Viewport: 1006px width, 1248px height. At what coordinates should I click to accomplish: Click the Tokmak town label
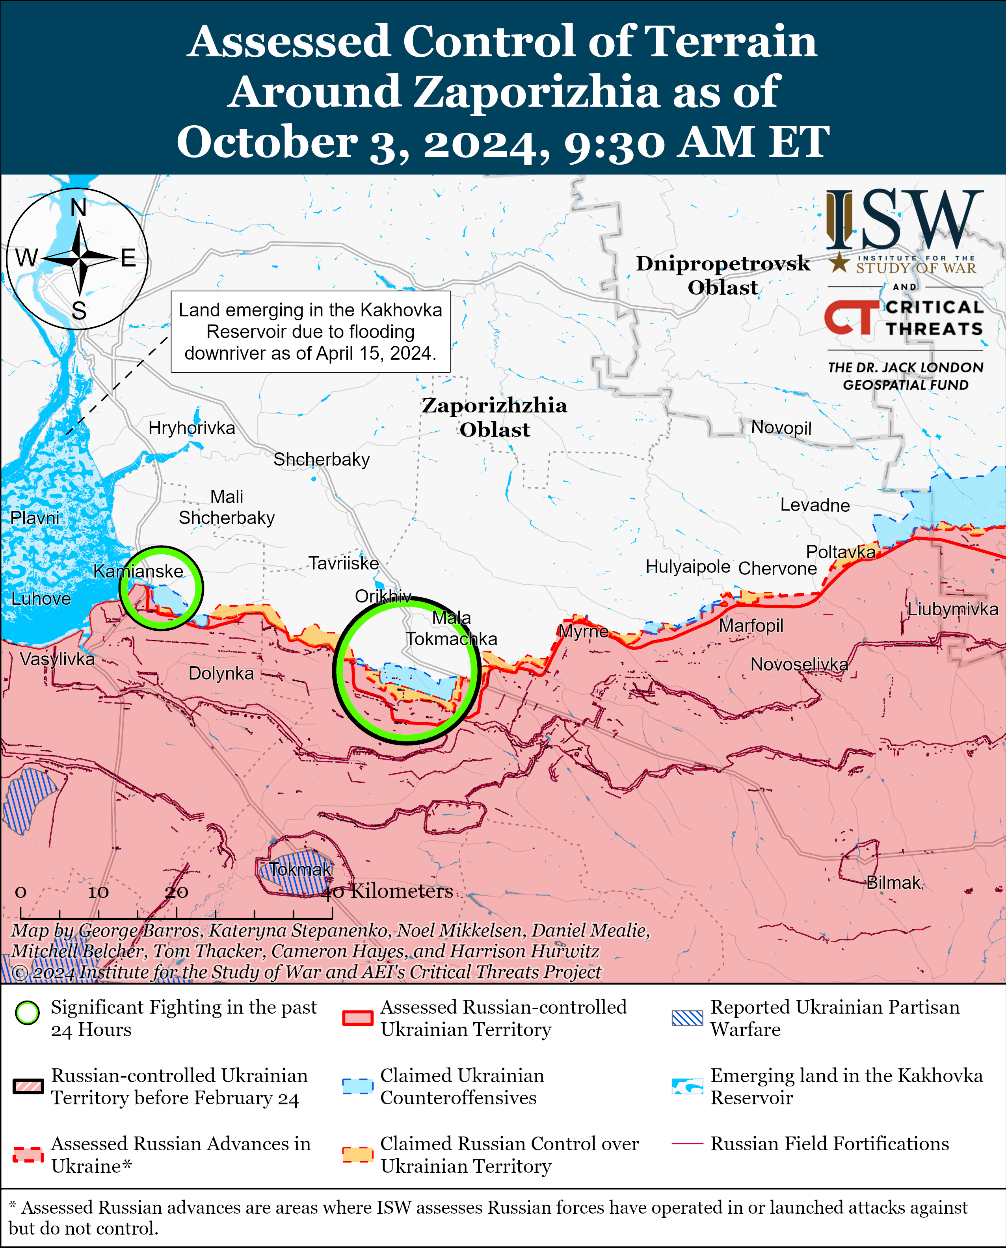[x=300, y=869]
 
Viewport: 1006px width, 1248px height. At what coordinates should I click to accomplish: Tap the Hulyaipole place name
[x=688, y=566]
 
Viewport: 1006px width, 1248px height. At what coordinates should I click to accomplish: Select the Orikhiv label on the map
[x=383, y=596]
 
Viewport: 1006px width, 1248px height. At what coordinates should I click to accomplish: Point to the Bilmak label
[x=893, y=882]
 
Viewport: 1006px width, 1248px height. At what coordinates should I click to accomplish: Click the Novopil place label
[x=781, y=427]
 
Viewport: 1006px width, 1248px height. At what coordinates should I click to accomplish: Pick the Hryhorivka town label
[x=192, y=427]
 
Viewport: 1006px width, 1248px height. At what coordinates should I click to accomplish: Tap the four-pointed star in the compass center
[x=79, y=258]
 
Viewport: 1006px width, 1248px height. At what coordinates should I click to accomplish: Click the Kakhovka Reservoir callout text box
[x=311, y=331]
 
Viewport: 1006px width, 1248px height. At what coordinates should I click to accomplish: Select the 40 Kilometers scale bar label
[x=387, y=891]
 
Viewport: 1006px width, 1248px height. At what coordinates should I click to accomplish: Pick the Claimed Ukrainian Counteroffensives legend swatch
[x=357, y=1086]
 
